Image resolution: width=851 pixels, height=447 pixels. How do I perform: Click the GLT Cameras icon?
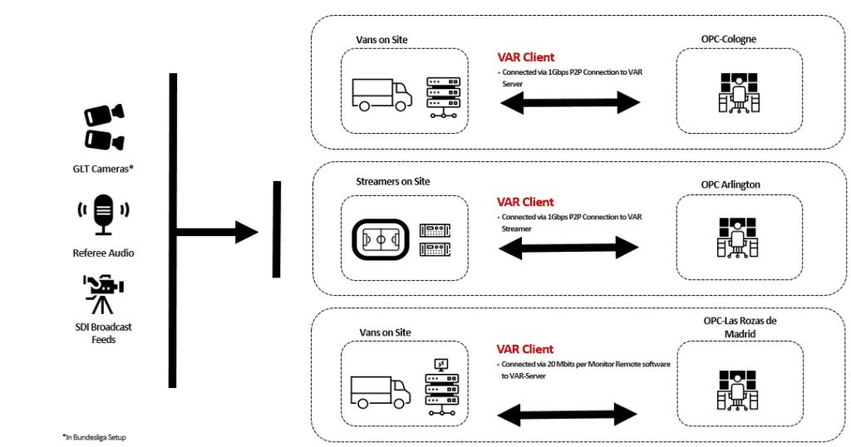click(104, 127)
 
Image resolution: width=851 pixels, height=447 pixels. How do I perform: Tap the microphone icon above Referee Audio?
click(103, 215)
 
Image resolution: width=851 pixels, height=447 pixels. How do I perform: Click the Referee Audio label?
click(104, 253)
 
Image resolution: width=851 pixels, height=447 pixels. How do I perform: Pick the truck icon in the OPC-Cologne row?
click(381, 94)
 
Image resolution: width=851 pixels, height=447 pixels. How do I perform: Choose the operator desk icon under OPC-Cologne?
click(739, 92)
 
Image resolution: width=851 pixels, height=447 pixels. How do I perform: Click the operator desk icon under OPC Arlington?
click(739, 237)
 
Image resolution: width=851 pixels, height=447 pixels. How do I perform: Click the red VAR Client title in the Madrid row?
click(525, 349)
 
